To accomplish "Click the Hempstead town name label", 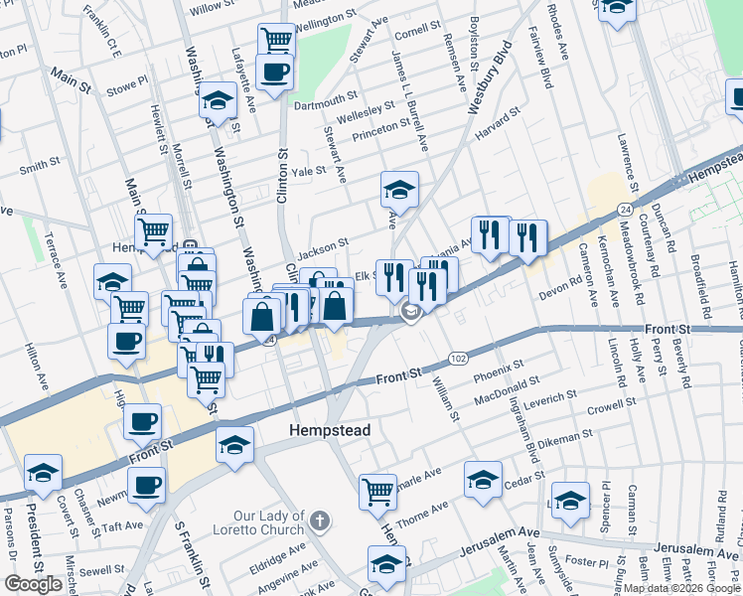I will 329,431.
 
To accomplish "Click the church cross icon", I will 319,521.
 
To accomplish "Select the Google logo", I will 34,584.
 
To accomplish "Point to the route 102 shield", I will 458,357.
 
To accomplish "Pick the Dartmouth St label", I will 325,99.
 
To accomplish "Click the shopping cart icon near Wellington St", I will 276,40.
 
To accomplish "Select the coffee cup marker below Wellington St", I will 273,72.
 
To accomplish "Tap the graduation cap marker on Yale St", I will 399,188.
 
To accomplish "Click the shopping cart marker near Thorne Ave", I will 378,491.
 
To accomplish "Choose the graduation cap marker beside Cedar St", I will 483,480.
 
